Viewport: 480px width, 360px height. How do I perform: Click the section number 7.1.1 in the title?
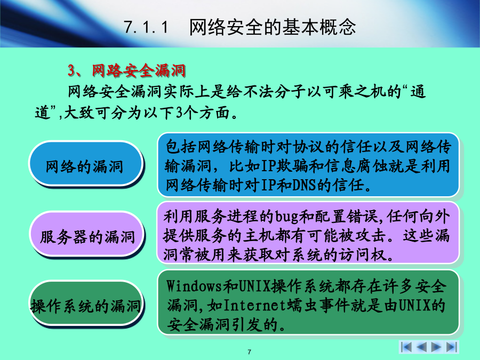coord(146,27)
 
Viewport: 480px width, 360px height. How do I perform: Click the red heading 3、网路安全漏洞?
coord(126,71)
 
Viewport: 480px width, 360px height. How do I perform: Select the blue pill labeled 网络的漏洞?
coord(86,164)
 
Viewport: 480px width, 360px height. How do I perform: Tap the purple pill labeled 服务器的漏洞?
coord(86,234)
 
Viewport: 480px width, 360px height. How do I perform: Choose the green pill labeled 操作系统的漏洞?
coord(86,303)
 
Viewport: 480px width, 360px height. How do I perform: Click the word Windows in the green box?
coord(194,286)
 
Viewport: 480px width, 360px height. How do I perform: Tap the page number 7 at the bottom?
coord(249,352)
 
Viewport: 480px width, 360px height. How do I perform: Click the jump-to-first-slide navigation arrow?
coord(406,347)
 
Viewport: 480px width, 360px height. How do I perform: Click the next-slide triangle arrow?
coord(436,347)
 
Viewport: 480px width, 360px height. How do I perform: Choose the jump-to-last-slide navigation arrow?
coord(451,347)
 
